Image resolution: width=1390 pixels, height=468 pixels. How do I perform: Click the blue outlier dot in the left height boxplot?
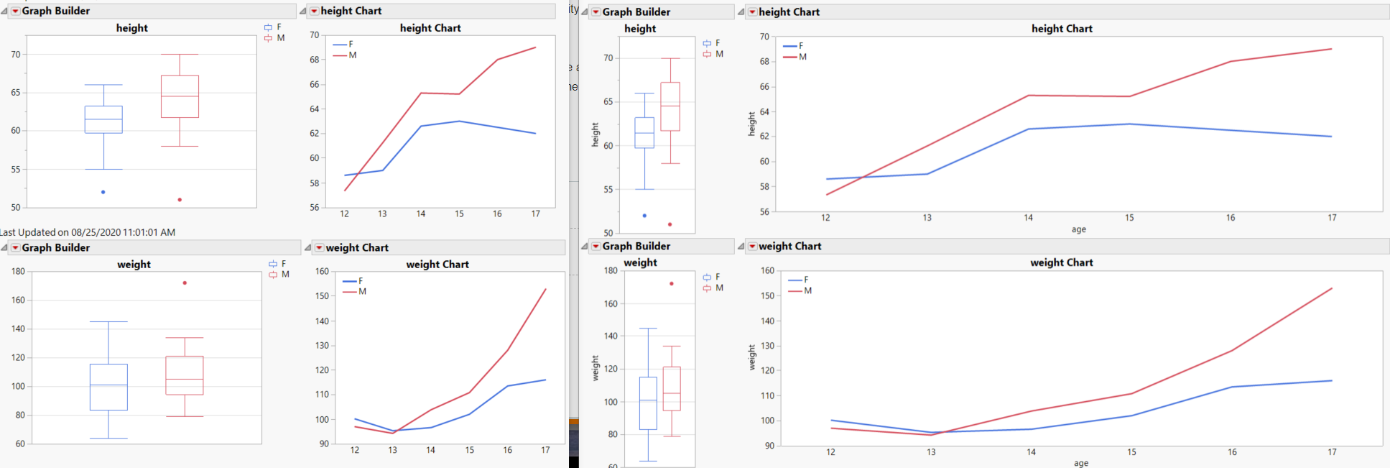pyautogui.click(x=103, y=192)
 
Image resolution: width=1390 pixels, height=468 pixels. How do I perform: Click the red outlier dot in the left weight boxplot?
pyautogui.click(x=185, y=283)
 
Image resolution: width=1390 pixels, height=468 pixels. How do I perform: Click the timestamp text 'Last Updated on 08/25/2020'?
pyautogui.click(x=88, y=232)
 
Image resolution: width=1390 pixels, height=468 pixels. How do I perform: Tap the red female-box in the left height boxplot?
pyautogui.click(x=180, y=96)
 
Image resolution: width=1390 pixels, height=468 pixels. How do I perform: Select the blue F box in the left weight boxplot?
pyautogui.click(x=108, y=387)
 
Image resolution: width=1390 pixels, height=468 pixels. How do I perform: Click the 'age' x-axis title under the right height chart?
pyautogui.click(x=1078, y=229)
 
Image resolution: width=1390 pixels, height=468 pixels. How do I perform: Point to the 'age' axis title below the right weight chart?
pyautogui.click(x=1080, y=463)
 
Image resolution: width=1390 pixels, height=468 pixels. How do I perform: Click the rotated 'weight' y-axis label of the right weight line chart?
pyautogui.click(x=752, y=357)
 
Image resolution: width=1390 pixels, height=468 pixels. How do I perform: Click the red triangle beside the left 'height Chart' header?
pyautogui.click(x=314, y=11)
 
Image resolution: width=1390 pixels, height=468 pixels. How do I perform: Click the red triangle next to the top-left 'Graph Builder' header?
pyautogui.click(x=15, y=11)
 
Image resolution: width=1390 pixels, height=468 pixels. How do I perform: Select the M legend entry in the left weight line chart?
pyautogui.click(x=362, y=291)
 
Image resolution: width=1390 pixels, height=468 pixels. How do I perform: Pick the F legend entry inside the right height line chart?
pyautogui.click(x=800, y=45)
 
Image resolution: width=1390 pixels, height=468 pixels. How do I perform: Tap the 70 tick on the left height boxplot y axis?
pyautogui.click(x=16, y=54)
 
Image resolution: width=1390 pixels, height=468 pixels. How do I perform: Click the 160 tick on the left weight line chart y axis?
pyautogui.click(x=322, y=271)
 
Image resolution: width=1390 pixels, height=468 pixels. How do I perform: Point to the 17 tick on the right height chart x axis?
pyautogui.click(x=1331, y=218)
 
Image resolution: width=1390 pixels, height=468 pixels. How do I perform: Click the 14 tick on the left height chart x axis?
pyautogui.click(x=421, y=214)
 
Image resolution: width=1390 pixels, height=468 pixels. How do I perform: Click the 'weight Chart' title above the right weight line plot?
pyautogui.click(x=1061, y=262)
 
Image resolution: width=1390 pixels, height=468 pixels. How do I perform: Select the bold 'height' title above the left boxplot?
pyautogui.click(x=131, y=28)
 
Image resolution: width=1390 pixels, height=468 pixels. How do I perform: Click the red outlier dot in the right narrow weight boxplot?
pyautogui.click(x=672, y=283)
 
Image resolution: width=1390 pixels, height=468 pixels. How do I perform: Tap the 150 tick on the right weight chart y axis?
pyautogui.click(x=767, y=295)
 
